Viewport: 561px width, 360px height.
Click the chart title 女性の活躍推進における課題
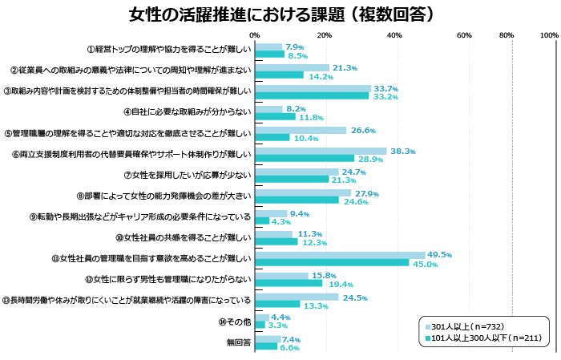pos(281,15)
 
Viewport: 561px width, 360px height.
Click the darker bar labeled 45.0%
pos(332,263)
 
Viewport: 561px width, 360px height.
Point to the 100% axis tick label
pos(549,35)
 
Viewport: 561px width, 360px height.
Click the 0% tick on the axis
pos(255,35)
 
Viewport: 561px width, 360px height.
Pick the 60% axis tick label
pos(464,35)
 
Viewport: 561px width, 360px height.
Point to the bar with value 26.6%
pos(301,130)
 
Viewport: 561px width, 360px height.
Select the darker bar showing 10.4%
pos(272,138)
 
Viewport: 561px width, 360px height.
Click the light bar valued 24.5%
pos(297,297)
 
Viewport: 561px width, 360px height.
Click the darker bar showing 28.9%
pos(305,159)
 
